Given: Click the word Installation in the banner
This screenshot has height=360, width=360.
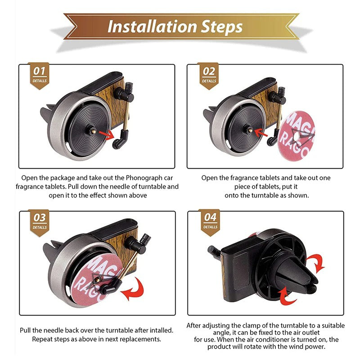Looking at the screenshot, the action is (152, 27).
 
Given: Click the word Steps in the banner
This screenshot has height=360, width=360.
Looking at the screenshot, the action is (222, 27).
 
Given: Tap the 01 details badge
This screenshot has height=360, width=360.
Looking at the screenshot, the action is (40, 76).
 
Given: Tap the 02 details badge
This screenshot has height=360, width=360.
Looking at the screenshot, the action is (209, 76).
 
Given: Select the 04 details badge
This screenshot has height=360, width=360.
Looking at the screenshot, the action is (210, 222).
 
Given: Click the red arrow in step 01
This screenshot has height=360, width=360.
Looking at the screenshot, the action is (107, 135).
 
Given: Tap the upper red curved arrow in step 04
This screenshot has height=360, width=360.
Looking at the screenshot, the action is (317, 262).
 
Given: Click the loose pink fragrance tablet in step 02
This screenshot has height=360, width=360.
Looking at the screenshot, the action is (296, 136).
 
